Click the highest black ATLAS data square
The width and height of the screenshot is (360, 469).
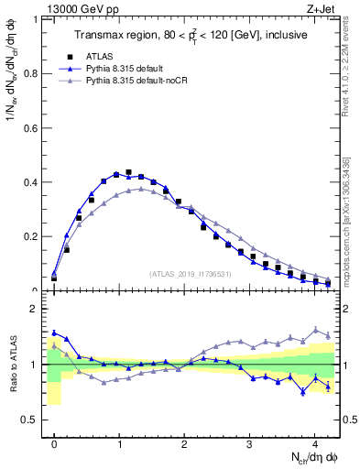click(129, 172)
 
